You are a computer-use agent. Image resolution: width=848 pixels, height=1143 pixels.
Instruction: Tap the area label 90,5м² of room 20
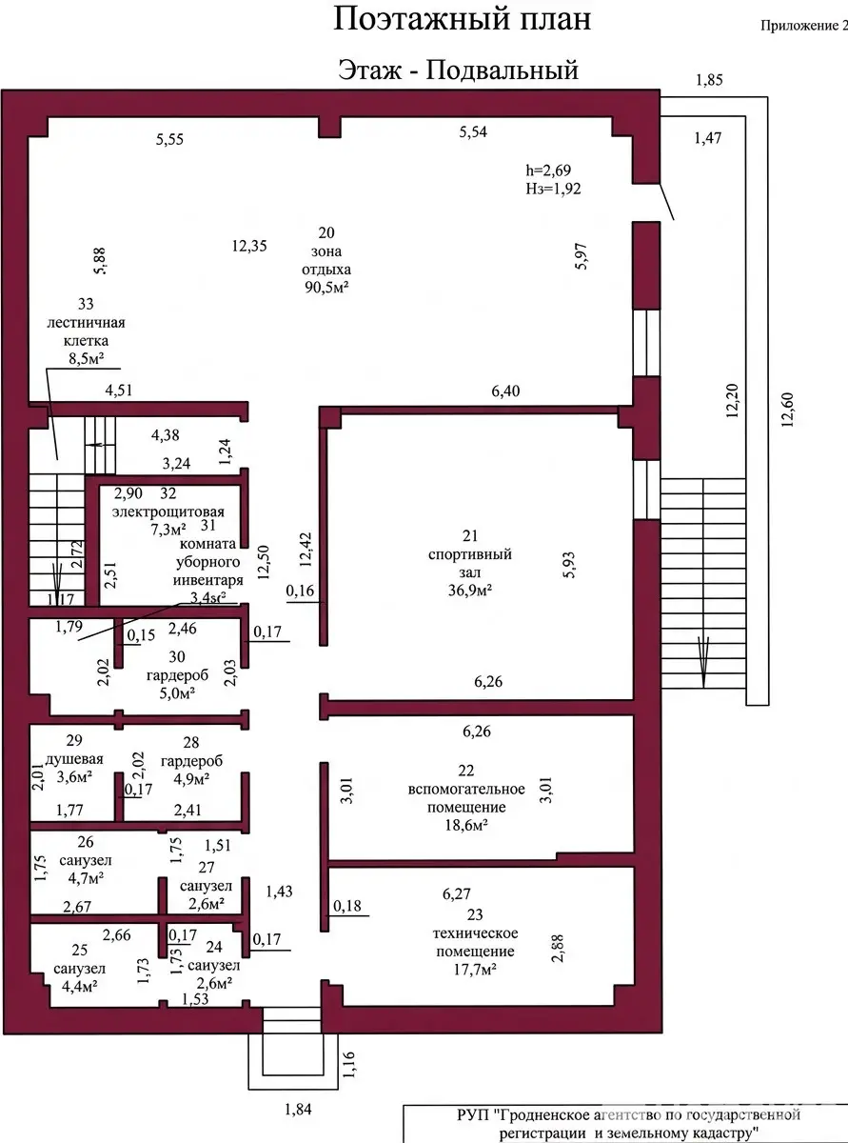click(x=325, y=286)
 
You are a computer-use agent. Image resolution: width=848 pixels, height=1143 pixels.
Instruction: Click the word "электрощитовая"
click(x=160, y=512)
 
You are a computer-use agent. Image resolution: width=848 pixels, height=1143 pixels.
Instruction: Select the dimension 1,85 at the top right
click(x=710, y=81)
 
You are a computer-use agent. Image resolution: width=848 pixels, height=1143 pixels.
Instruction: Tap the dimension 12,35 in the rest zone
click(x=249, y=246)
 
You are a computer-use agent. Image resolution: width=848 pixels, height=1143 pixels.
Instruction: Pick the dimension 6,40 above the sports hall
click(x=505, y=391)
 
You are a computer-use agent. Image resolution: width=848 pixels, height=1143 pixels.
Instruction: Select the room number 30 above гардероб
click(x=177, y=656)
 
